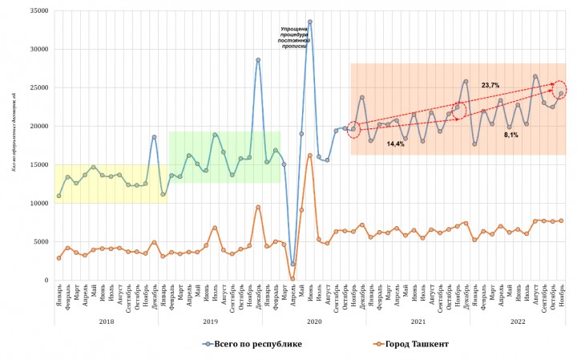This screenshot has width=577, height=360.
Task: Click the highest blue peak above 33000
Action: (x=310, y=22)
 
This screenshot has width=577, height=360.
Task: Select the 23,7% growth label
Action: (x=490, y=85)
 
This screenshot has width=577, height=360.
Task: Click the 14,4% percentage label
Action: (x=396, y=144)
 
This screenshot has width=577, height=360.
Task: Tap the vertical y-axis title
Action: (x=13, y=144)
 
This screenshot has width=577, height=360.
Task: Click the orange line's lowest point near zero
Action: (x=293, y=279)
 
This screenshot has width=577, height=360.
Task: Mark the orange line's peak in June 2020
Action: (x=310, y=156)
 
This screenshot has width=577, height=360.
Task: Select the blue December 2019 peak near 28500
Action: (x=258, y=60)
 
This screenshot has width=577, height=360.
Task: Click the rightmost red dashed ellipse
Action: (x=560, y=91)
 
